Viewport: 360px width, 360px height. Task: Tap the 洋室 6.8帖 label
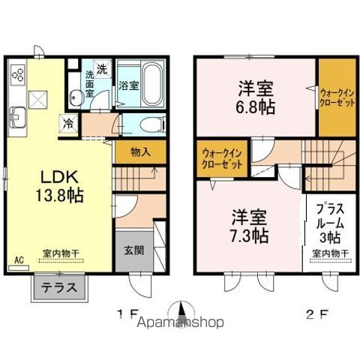coord(254,97)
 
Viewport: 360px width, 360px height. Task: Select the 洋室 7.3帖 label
coord(247,226)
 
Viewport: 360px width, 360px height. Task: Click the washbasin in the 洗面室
coord(76,96)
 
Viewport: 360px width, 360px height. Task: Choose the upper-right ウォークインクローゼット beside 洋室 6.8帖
coord(335,97)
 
